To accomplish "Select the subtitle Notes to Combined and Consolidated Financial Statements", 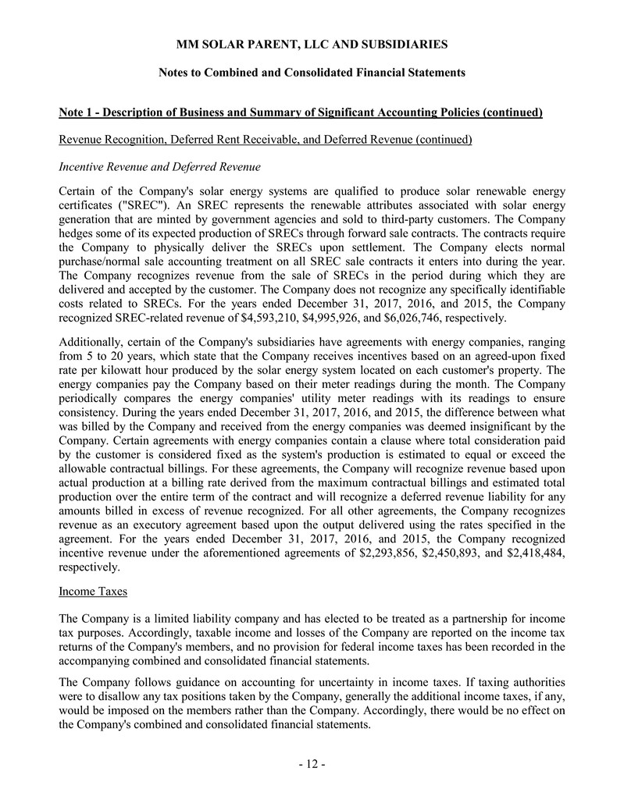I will coord(312,73).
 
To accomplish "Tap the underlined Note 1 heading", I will coord(301,112).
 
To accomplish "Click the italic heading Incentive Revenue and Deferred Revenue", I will coord(159,166).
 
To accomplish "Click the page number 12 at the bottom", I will coord(312,763).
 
